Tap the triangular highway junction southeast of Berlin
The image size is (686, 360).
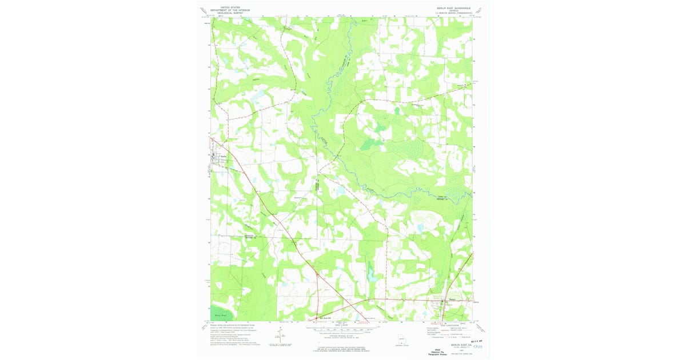[317, 275]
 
